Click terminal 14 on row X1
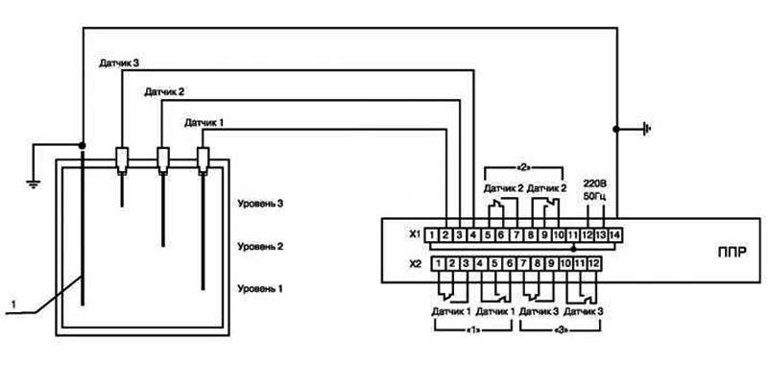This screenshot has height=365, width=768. [614, 235]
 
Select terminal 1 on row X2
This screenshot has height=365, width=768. [439, 263]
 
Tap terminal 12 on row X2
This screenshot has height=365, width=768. [593, 263]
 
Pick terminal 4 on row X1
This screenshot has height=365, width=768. [473, 235]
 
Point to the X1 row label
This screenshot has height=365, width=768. [416, 235]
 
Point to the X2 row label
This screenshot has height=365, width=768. [416, 264]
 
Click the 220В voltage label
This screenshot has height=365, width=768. [595, 185]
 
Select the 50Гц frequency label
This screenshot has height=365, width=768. [595, 198]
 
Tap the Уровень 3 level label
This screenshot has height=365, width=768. [260, 203]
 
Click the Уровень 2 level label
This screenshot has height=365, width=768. [260, 246]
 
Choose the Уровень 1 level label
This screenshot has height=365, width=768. [260, 288]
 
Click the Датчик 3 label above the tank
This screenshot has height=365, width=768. [120, 63]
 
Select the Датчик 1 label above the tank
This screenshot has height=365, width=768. [204, 123]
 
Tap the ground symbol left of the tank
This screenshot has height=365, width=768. [33, 184]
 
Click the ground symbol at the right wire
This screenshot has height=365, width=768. [647, 130]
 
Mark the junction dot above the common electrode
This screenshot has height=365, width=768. [83, 145]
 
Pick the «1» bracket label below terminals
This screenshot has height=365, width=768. [473, 331]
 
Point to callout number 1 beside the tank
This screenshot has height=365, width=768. [13, 304]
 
